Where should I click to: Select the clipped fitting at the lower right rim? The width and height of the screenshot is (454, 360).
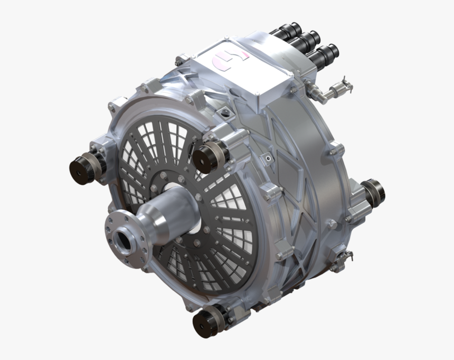coord(342,259)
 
